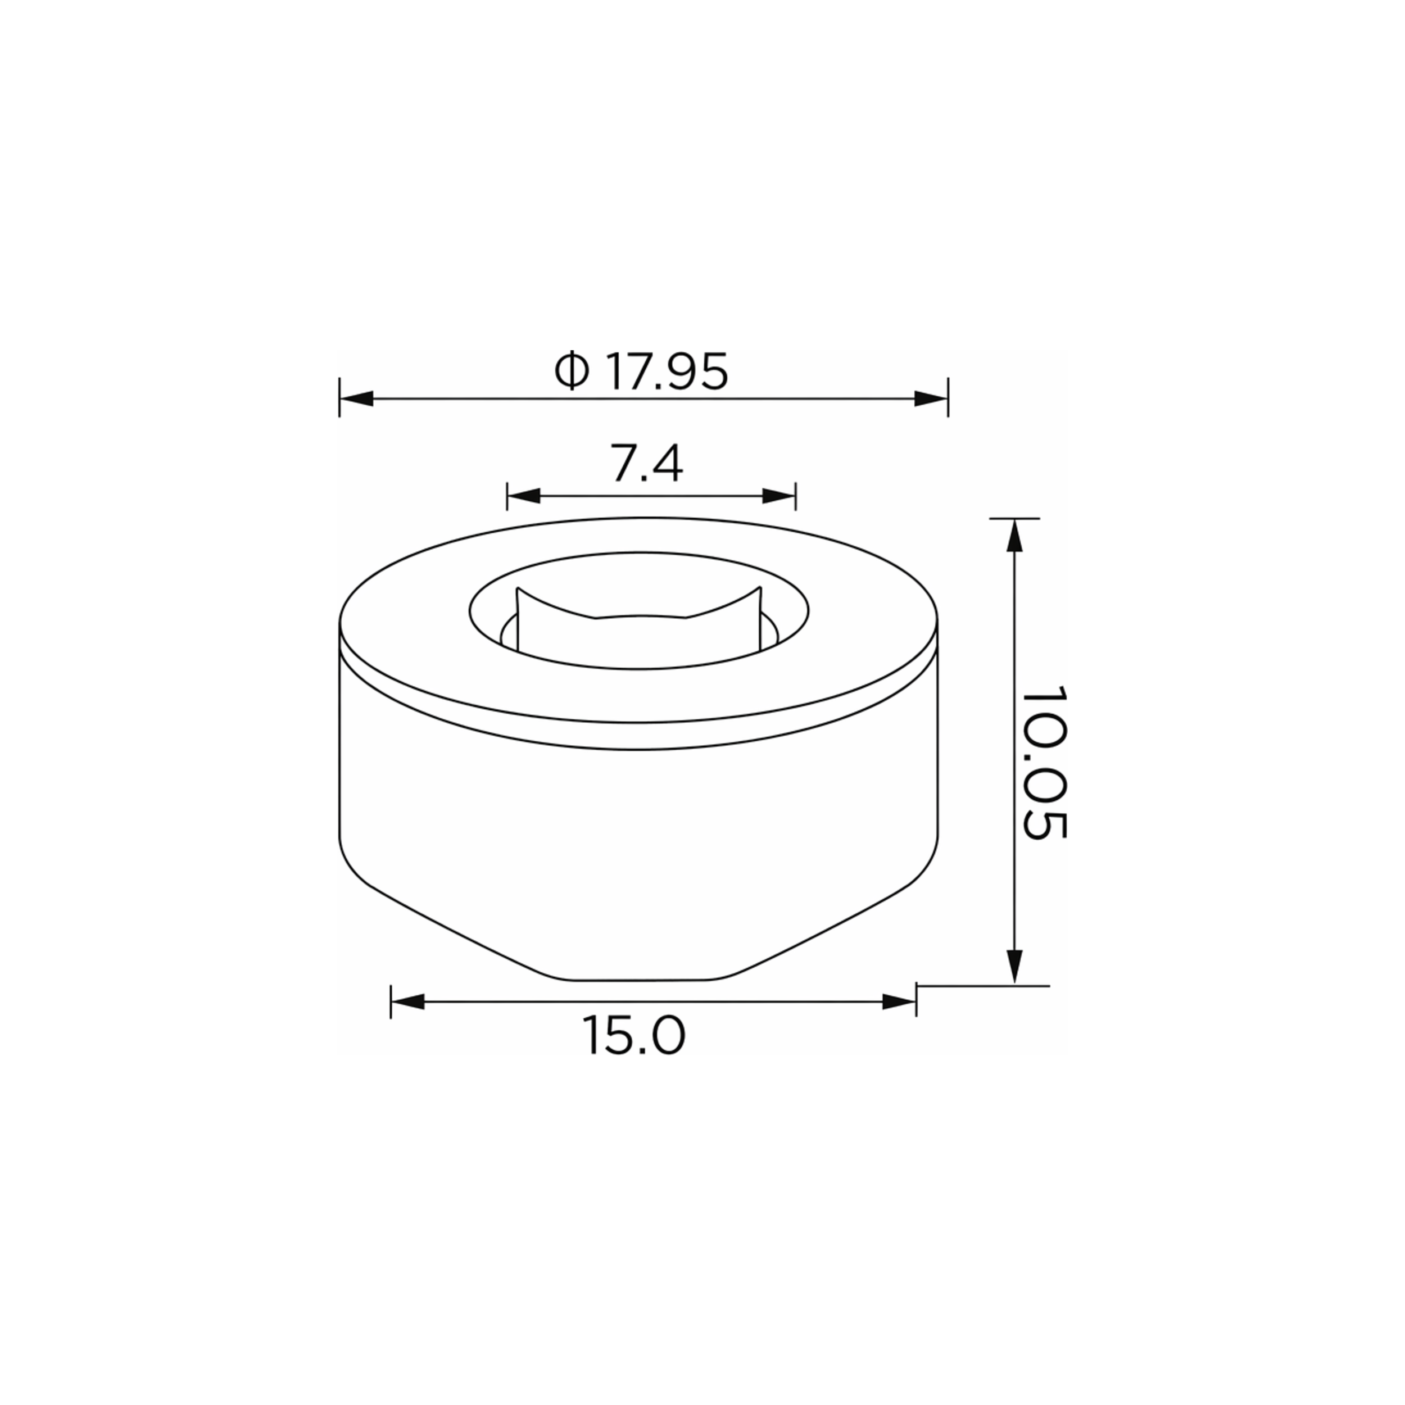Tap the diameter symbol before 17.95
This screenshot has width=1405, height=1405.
tap(572, 371)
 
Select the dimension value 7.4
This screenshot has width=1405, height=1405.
tap(646, 464)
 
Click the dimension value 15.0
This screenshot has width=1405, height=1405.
tap(633, 1036)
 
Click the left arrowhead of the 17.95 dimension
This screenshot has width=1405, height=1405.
tap(356, 398)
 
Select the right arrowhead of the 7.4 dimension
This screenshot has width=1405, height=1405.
tap(779, 496)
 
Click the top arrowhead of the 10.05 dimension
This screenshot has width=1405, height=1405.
tap(1015, 535)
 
